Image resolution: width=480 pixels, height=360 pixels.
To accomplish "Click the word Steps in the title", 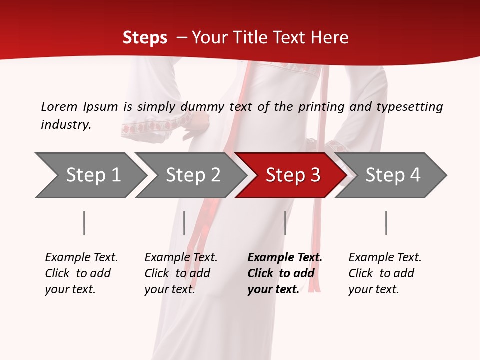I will [x=145, y=38].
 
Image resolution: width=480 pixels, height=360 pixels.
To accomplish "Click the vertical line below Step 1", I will [x=84, y=223].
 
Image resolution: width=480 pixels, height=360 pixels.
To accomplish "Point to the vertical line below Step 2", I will [x=184, y=223].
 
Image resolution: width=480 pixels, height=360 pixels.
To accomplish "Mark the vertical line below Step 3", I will [x=285, y=223].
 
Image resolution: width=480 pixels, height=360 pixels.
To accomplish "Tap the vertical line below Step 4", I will [x=386, y=223].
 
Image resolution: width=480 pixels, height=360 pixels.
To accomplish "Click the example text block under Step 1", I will [x=81, y=273].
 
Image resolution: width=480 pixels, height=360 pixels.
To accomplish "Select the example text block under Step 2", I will [x=181, y=273].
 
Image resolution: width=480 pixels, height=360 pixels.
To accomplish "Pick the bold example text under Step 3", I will [x=285, y=273].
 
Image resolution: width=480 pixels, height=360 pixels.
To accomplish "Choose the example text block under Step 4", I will [x=385, y=273].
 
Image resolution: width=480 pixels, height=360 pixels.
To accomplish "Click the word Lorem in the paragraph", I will [x=59, y=107].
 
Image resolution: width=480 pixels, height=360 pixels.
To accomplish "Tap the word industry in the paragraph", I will [x=66, y=125].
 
